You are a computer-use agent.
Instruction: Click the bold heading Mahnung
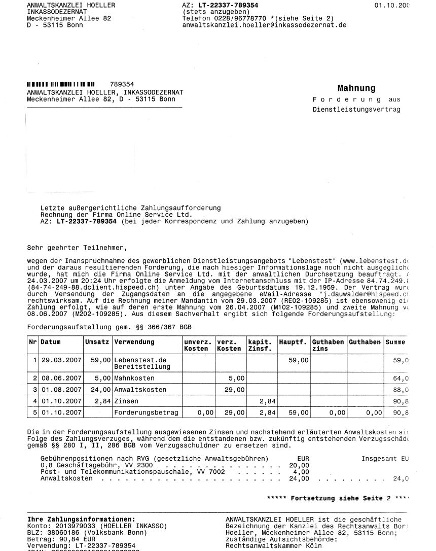click(x=356, y=88)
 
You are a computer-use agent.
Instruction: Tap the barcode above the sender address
click(x=61, y=84)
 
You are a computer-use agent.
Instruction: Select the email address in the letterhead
click(x=264, y=24)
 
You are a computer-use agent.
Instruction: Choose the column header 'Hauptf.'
click(x=293, y=342)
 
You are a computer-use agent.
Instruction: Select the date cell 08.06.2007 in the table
click(x=61, y=378)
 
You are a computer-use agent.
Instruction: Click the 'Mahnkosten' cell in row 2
click(x=134, y=378)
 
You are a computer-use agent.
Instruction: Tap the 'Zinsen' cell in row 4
click(x=126, y=401)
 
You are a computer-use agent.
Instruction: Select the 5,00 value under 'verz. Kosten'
click(x=237, y=378)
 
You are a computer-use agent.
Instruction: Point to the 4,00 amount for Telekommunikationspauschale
click(x=301, y=471)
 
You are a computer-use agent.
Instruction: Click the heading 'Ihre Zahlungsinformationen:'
click(x=81, y=520)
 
